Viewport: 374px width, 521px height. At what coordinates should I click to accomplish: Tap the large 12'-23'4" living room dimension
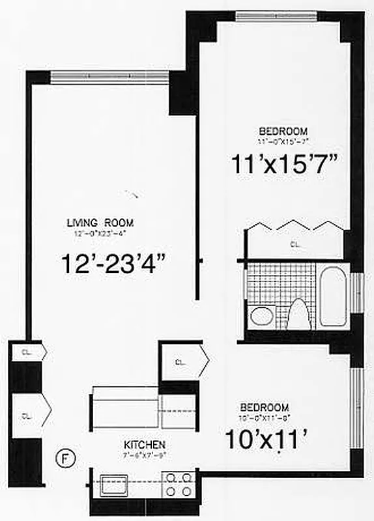(117, 264)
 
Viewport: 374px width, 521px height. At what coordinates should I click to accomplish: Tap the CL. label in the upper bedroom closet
(296, 245)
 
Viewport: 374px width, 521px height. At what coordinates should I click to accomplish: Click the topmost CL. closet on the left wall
(29, 352)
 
